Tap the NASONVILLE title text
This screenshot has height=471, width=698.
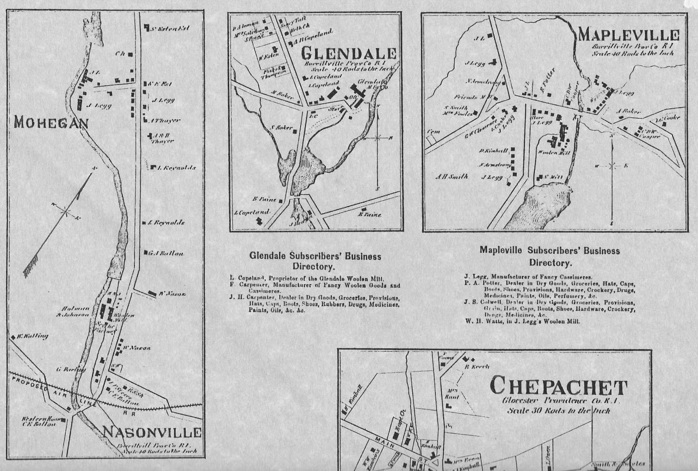152,432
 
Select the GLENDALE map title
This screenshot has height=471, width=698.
349,53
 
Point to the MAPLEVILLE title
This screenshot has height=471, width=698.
629,35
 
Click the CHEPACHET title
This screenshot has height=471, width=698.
558,386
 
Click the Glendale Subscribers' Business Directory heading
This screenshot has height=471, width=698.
315,261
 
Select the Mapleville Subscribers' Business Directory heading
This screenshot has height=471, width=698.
550,256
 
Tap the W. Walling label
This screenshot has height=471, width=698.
33,336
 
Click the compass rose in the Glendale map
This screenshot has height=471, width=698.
378,138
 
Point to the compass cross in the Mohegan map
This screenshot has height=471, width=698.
66,211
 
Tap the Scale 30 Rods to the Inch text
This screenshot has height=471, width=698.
558,411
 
